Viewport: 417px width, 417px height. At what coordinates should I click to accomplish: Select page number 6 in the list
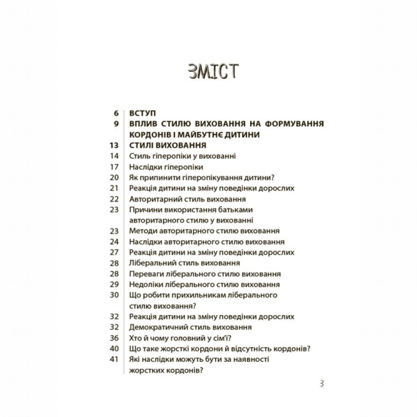click(115, 112)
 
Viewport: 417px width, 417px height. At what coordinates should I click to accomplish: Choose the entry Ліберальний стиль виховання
click(184, 262)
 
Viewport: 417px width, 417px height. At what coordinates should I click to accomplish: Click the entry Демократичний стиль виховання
click(187, 327)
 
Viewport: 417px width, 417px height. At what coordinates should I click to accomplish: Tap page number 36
click(114, 337)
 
